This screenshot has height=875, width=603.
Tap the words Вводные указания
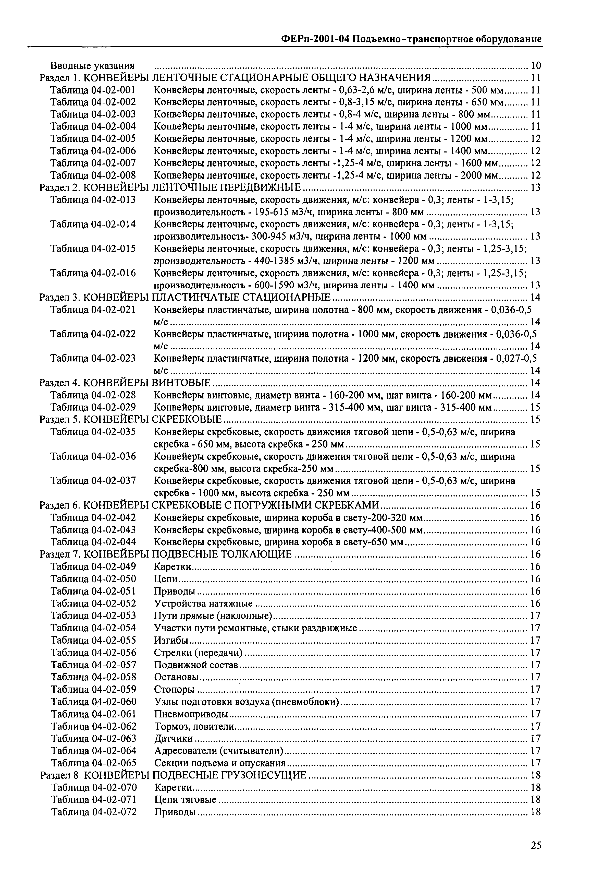pyautogui.click(x=93, y=66)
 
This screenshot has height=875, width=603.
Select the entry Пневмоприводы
pyautogui.click(x=191, y=714)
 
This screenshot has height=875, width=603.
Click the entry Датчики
pyautogui.click(x=174, y=739)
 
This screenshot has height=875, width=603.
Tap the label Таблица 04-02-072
pyautogui.click(x=94, y=812)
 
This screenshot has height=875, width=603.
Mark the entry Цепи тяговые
pyautogui.click(x=185, y=800)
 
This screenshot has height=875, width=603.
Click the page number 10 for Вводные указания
pyautogui.click(x=536, y=66)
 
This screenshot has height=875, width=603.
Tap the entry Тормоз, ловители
pyautogui.click(x=194, y=726)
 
